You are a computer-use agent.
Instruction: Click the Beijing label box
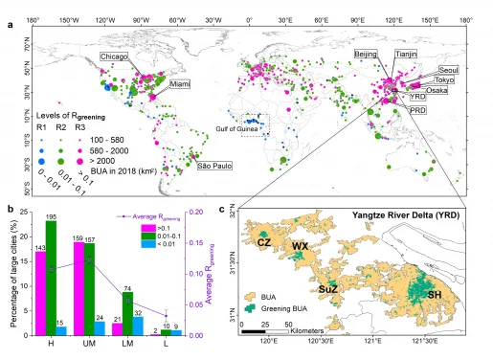coord(367,56)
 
